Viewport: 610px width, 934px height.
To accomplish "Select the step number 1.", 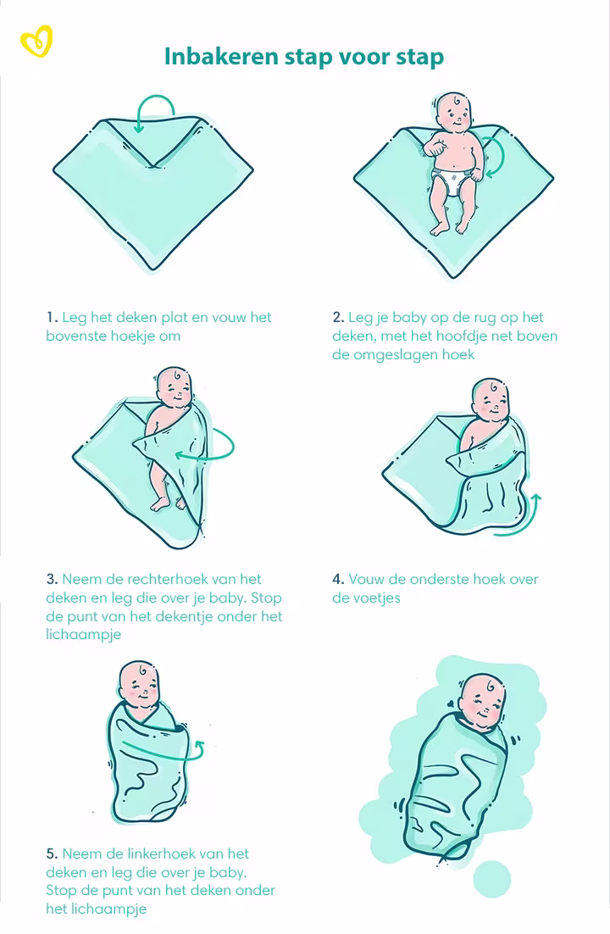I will click(x=51, y=318).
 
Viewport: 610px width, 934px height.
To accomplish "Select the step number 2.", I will click(x=337, y=318).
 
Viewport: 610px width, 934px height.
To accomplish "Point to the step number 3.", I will click(x=51, y=580).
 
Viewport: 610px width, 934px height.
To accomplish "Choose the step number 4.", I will click(x=337, y=580).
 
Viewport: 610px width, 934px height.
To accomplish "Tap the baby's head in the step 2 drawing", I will click(x=454, y=111).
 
